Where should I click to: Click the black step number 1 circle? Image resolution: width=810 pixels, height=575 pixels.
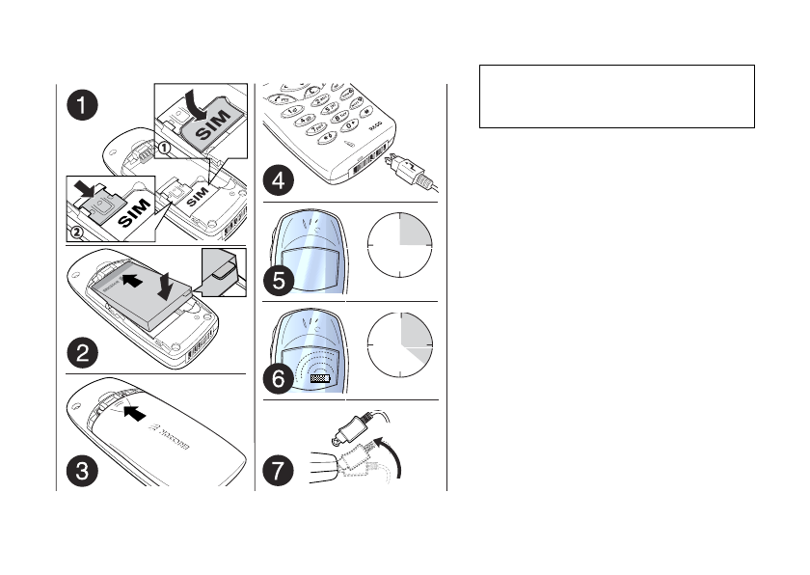tap(82, 104)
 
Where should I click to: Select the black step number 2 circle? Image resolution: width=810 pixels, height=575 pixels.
tap(82, 353)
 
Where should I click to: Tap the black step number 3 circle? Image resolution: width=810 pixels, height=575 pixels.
tap(82, 471)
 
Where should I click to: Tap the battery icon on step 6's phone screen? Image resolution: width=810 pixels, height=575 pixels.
tap(321, 379)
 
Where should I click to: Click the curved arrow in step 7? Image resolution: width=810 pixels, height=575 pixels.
tap(390, 452)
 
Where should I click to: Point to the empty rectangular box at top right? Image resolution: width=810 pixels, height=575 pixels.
tap(616, 96)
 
